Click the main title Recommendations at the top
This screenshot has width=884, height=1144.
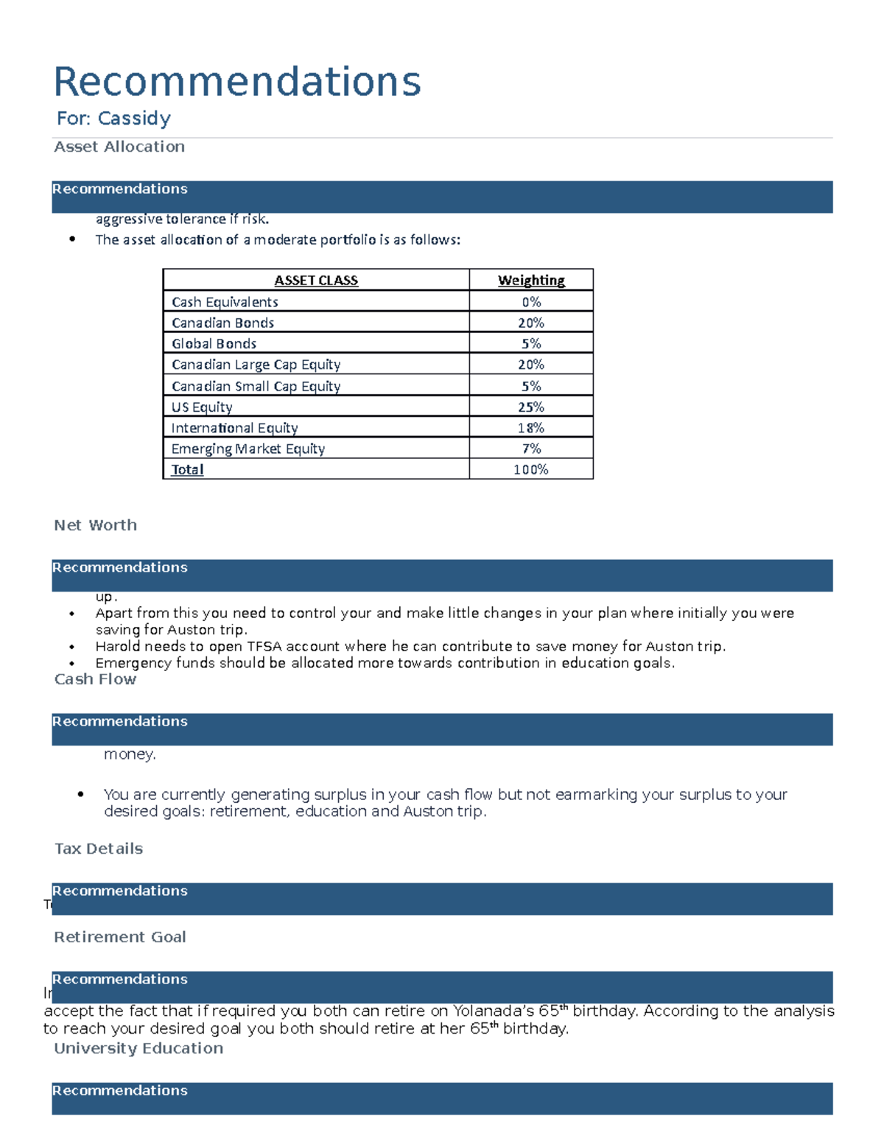click(x=237, y=81)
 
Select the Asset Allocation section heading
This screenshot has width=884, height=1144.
click(x=119, y=147)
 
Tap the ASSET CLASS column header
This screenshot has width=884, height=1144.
click(x=316, y=281)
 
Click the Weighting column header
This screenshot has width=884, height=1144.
click(x=531, y=281)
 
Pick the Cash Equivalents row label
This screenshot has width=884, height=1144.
click(x=225, y=302)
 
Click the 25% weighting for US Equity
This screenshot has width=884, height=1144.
click(x=531, y=407)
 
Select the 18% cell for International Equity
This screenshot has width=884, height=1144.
click(x=531, y=428)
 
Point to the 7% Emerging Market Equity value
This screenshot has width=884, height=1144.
click(x=531, y=449)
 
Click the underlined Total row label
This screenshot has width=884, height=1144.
click(x=187, y=470)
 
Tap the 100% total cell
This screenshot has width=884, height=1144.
click(x=531, y=470)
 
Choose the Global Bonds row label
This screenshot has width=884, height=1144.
click(x=214, y=344)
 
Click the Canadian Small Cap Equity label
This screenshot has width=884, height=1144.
click(x=256, y=387)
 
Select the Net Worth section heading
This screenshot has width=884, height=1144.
click(x=95, y=525)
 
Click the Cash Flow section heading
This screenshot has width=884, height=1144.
click(x=95, y=679)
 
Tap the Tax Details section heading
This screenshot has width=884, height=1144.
click(x=99, y=849)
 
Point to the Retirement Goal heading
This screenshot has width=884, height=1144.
click(x=120, y=937)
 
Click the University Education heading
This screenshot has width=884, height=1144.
click(x=138, y=1048)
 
